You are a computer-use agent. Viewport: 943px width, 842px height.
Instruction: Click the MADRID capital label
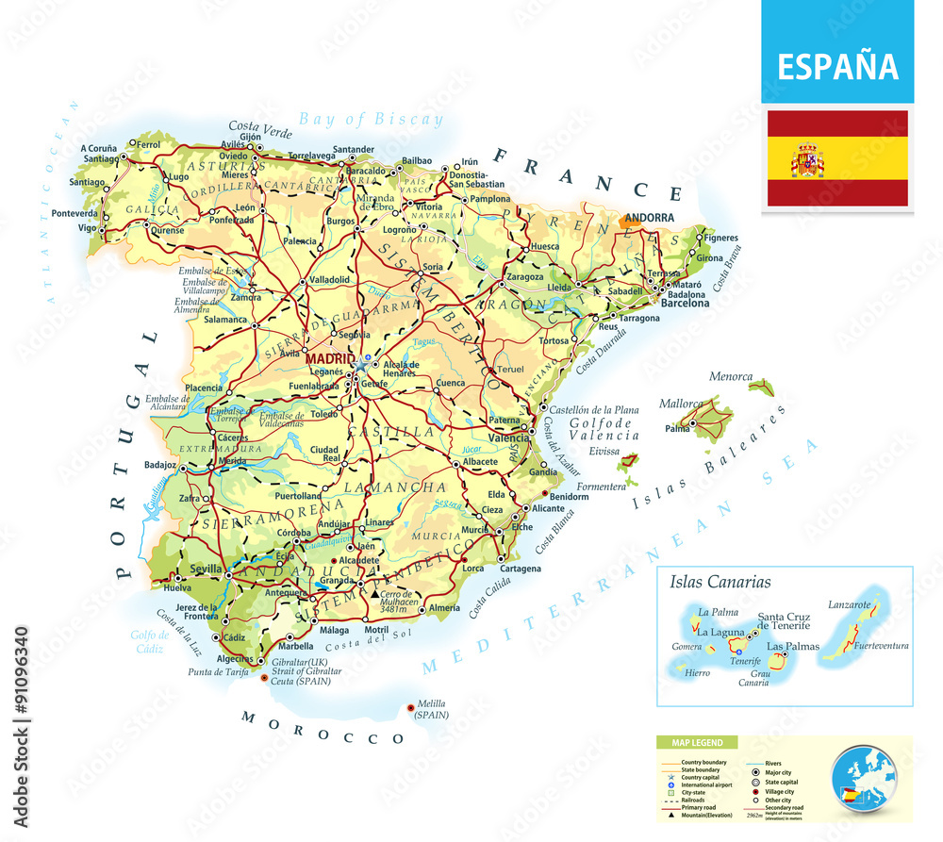tap(329, 359)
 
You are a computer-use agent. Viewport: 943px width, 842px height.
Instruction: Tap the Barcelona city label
tap(685, 304)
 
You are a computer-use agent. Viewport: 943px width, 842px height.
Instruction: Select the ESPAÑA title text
tap(837, 67)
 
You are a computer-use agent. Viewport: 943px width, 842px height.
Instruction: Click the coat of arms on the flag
tap(807, 159)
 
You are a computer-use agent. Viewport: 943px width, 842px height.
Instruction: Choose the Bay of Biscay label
tap(370, 120)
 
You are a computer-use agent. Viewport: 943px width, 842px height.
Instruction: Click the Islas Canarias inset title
tap(720, 582)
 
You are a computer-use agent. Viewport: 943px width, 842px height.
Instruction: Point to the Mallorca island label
tap(681, 404)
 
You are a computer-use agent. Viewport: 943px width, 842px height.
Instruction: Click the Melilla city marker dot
tap(409, 707)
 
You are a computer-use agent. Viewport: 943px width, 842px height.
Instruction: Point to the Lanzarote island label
tap(847, 604)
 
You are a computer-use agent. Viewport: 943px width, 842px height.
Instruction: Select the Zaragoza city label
tap(524, 277)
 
